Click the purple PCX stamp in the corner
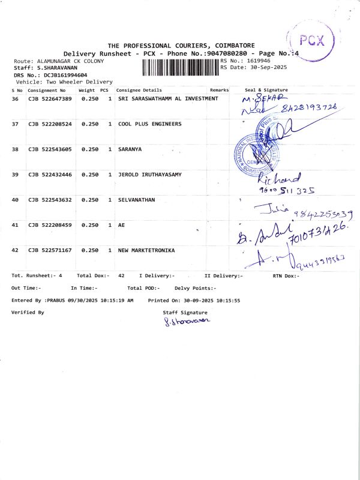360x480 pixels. pos(311,41)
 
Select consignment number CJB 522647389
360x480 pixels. pos(50,98)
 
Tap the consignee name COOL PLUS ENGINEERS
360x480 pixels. pos(149,124)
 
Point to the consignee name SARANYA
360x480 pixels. pos(130,149)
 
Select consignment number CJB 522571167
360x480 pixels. pos(50,250)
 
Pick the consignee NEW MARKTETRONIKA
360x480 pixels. pos(146,250)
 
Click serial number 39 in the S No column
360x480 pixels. pos(15,174)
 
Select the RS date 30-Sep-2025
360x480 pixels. pos(259,67)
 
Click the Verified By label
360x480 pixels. pos(28,313)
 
